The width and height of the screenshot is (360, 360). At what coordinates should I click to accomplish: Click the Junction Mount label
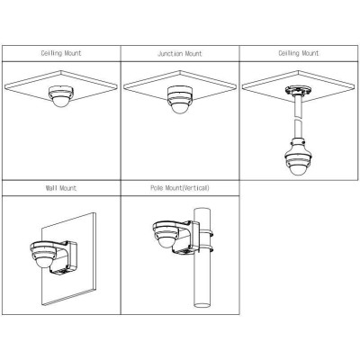point(180,54)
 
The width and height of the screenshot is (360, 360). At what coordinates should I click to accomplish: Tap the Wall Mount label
point(61,188)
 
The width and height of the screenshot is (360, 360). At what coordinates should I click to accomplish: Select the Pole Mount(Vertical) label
point(180,188)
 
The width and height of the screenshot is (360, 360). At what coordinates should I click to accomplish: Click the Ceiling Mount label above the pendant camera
point(299,53)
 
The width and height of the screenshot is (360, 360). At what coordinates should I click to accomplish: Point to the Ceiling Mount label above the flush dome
point(61,53)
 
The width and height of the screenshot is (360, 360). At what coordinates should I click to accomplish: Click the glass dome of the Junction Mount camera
point(179,108)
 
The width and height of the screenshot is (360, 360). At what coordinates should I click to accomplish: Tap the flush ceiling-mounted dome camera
point(61,96)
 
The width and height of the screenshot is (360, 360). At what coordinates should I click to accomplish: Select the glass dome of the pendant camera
point(298,169)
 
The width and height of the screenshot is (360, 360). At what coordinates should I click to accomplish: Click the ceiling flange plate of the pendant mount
point(298,90)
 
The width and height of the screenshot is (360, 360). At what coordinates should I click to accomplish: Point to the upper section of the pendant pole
point(298,106)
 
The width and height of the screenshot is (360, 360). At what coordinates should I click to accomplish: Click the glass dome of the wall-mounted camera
point(42,263)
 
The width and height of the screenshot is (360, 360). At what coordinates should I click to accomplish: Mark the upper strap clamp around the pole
point(206,233)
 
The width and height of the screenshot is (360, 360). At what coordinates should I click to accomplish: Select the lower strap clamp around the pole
point(206,248)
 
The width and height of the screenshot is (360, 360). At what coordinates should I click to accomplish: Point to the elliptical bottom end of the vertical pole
point(202,305)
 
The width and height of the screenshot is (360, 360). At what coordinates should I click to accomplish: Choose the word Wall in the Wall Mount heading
point(51,188)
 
